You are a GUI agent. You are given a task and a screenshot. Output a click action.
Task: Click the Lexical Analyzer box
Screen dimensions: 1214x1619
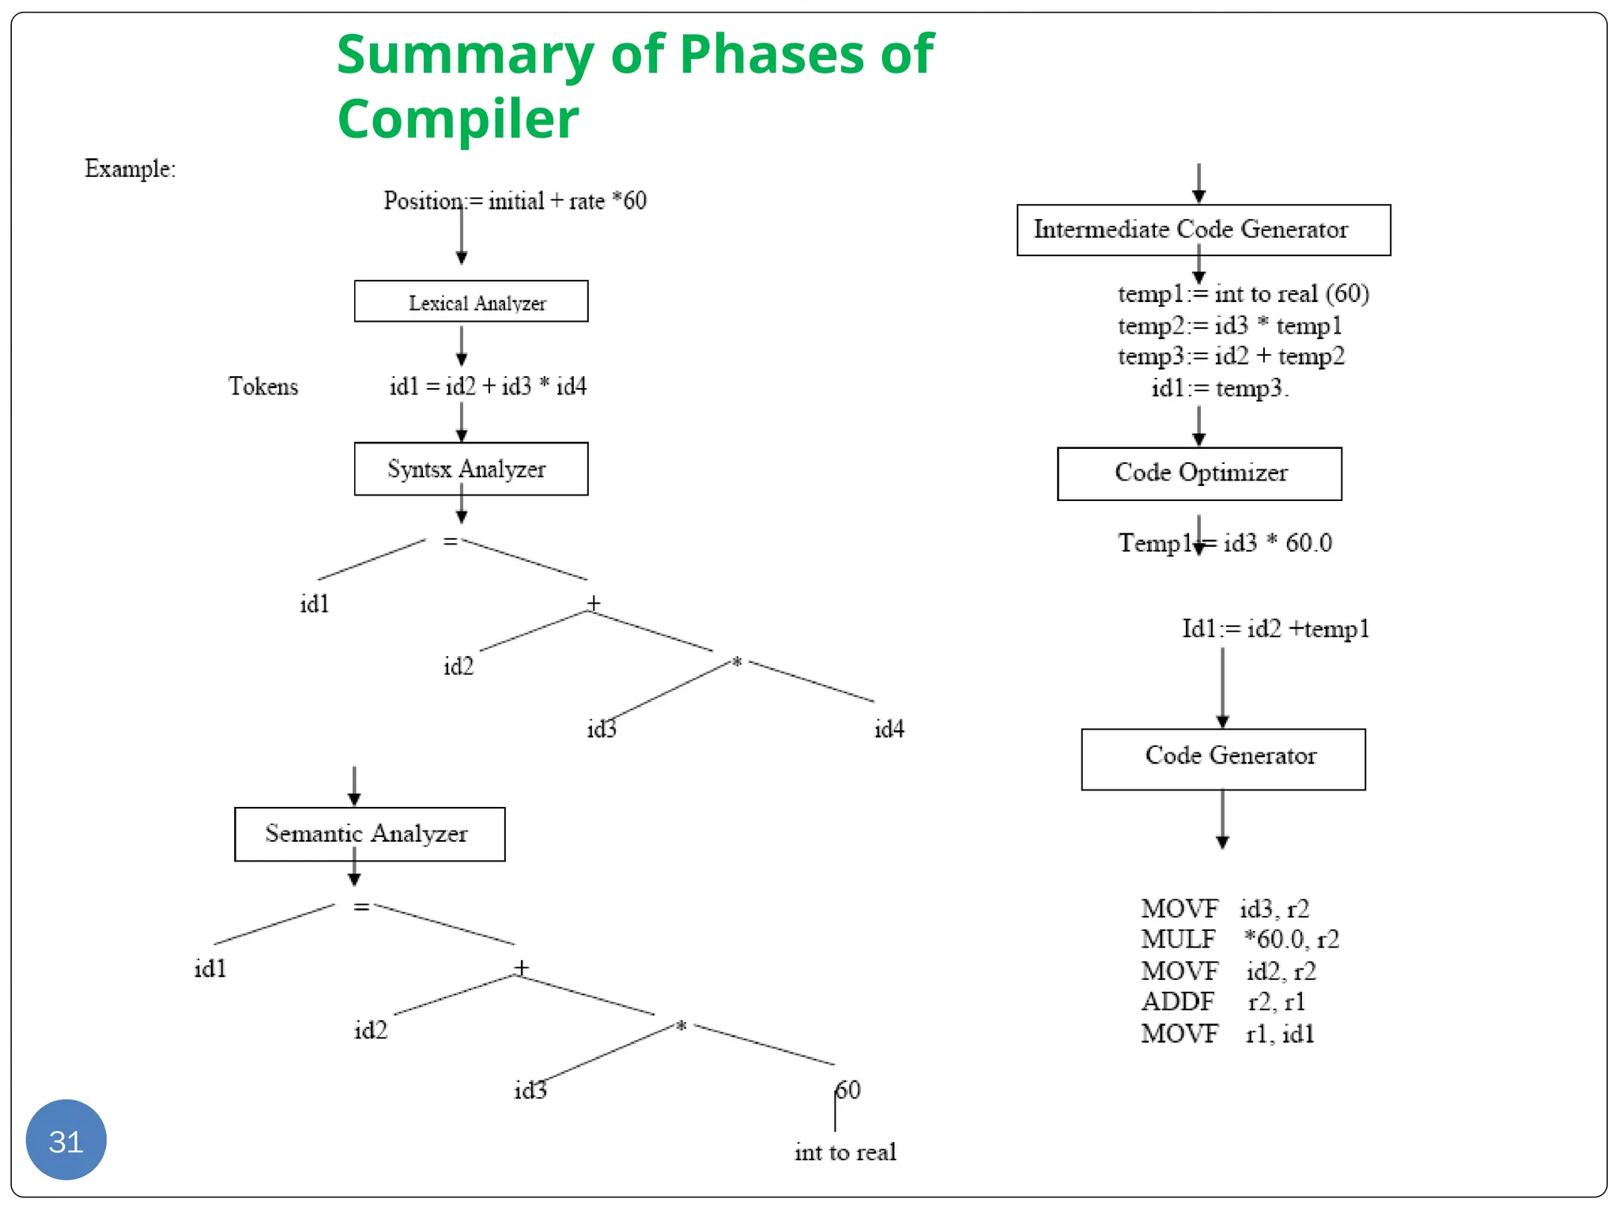tap(471, 302)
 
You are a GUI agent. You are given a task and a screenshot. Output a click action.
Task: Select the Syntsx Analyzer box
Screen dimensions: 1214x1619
tap(471, 469)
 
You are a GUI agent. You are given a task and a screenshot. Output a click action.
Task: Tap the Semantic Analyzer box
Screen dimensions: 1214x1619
tap(369, 834)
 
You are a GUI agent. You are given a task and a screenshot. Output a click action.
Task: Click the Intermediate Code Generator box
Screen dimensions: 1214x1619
tap(1203, 230)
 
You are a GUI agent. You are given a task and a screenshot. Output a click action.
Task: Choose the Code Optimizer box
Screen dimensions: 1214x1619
tap(1199, 473)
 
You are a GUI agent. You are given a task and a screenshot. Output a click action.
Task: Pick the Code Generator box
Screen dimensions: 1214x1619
tap(1223, 759)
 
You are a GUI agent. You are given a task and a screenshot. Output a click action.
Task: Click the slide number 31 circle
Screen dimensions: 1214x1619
tap(66, 1140)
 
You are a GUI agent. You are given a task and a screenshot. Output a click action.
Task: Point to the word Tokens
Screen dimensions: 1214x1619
tap(263, 386)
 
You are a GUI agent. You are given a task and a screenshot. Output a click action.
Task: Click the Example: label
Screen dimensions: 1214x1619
tap(130, 168)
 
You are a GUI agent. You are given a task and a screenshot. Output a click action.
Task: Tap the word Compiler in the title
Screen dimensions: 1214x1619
tap(458, 119)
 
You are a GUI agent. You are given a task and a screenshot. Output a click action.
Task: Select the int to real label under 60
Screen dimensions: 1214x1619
tap(845, 1152)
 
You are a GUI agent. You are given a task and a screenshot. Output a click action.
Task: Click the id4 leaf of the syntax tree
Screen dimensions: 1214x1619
tap(889, 729)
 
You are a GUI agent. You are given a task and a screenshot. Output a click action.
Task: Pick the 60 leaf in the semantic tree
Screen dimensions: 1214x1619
tap(848, 1090)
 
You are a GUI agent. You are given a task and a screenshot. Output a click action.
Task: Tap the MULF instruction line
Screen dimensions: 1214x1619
tap(1239, 939)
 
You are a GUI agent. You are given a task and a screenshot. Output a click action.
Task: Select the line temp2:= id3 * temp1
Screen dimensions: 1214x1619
tap(1229, 326)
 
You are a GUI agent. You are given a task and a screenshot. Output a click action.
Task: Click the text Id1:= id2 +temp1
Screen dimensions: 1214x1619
tap(1275, 629)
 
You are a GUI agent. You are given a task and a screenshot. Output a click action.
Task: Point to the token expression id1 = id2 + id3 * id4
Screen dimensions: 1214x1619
tap(488, 386)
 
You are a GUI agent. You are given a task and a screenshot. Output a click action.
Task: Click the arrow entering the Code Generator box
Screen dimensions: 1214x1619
tap(1222, 688)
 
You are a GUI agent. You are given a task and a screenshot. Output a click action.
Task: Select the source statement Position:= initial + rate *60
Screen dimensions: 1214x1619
tap(515, 201)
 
